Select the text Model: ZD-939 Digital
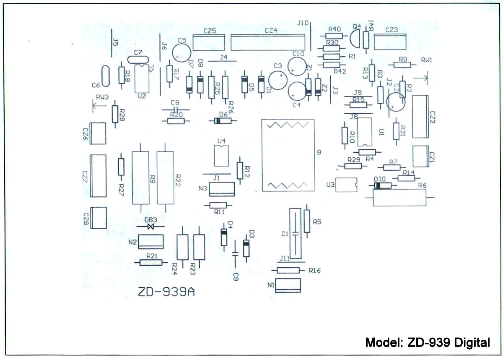(428, 342)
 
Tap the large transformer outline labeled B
(288, 155)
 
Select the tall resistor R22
(165, 177)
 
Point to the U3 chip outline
(346, 185)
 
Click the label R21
(151, 256)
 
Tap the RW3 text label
(102, 97)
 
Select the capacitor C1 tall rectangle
(296, 233)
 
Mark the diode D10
(382, 185)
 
